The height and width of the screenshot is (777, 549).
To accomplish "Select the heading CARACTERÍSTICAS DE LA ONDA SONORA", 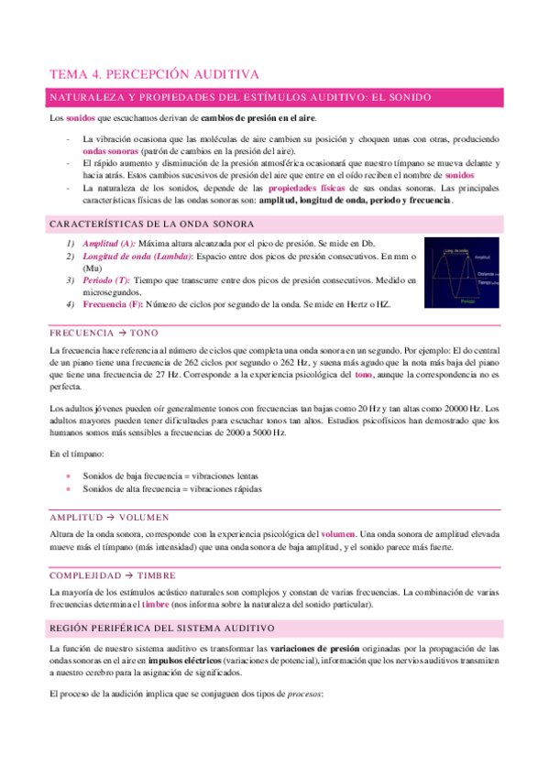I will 151,224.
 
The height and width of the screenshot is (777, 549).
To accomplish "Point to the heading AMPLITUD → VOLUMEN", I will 116,517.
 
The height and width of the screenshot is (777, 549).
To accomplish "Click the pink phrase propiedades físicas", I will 304,187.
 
